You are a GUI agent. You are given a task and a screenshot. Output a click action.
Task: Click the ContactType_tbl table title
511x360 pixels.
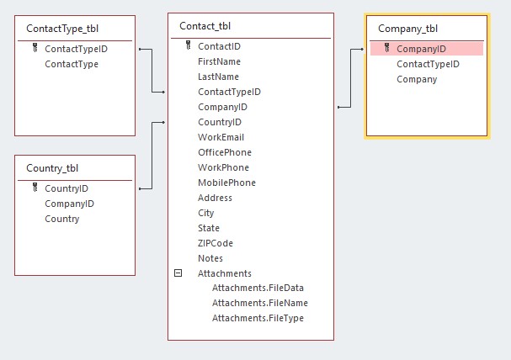pyautogui.click(x=62, y=28)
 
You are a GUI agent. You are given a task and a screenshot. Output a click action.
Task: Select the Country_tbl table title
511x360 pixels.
pyautogui.click(x=52, y=167)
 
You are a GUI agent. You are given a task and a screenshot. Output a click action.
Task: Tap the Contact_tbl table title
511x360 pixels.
pyautogui.click(x=207, y=25)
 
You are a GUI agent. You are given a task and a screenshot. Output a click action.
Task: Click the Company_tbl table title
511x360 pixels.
pyautogui.click(x=407, y=28)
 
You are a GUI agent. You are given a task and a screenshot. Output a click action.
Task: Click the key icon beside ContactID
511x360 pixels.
pyautogui.click(x=188, y=46)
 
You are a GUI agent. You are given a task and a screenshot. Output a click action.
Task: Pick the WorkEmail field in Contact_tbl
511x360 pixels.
pyautogui.click(x=221, y=137)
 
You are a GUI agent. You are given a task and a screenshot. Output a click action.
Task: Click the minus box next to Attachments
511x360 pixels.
pyautogui.click(x=178, y=273)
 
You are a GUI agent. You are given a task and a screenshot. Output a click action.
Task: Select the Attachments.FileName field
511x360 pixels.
pyautogui.click(x=259, y=303)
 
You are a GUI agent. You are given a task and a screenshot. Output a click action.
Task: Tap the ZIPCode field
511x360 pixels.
pyautogui.click(x=217, y=243)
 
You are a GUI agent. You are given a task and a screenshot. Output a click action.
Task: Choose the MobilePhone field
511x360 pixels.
pyautogui.click(x=226, y=183)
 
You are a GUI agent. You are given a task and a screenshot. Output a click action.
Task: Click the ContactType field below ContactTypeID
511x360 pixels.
pyautogui.click(x=71, y=64)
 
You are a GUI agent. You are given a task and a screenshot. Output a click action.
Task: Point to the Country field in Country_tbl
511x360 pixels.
pyautogui.click(x=61, y=219)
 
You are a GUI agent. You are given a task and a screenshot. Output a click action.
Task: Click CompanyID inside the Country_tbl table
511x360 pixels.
pyautogui.click(x=69, y=204)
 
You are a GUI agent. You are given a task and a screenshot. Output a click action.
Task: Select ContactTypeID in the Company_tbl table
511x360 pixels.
pyautogui.click(x=428, y=64)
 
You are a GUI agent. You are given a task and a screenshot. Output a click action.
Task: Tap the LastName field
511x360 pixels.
pyautogui.click(x=218, y=77)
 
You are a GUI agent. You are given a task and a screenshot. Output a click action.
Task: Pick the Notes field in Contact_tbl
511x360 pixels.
pyautogui.click(x=210, y=258)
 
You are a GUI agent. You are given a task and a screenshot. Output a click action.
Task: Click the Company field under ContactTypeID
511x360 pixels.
pyautogui.click(x=417, y=79)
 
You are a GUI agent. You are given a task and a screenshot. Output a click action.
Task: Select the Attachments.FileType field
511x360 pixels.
pyautogui.click(x=258, y=318)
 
